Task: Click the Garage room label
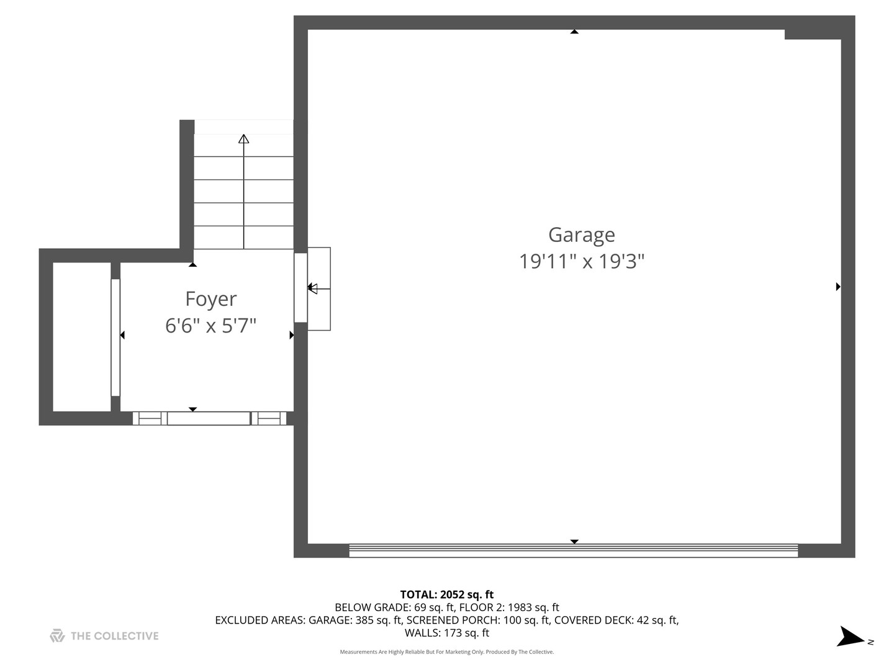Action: tap(581, 235)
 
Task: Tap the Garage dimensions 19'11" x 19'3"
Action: tap(581, 261)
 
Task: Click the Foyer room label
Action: tap(210, 299)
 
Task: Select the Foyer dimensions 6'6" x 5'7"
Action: tap(210, 325)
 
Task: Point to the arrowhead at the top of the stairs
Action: tap(243, 139)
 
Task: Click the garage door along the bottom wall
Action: tap(573, 550)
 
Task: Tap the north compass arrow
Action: tap(850, 637)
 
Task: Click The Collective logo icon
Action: tap(57, 635)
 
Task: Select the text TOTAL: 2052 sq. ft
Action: tap(446, 594)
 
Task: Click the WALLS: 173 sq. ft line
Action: tap(446, 633)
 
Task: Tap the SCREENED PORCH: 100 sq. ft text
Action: tap(478, 620)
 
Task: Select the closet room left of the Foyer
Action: tap(81, 337)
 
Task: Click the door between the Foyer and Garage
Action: tap(300, 287)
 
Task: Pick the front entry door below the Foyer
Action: tap(209, 419)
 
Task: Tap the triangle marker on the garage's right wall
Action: tap(838, 287)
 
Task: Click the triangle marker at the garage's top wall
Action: tap(574, 31)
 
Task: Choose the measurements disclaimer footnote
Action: tap(446, 652)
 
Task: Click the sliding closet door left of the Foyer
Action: tap(115, 337)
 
